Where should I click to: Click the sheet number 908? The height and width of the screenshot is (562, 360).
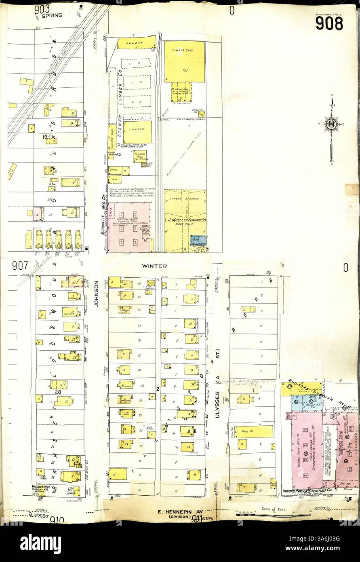click(x=329, y=23)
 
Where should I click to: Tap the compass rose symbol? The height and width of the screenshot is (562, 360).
click(x=331, y=124)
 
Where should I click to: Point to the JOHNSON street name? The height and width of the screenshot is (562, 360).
click(x=97, y=294)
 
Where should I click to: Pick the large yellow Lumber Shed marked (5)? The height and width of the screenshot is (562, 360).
click(x=184, y=61)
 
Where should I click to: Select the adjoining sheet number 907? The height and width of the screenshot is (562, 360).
click(x=19, y=266)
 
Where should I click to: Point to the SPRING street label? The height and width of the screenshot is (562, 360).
click(x=52, y=15)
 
